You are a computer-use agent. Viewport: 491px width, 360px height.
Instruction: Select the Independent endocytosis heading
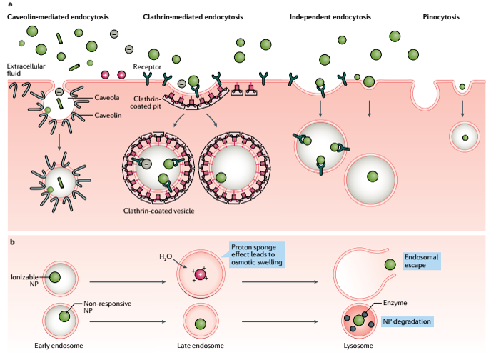coord(328,15)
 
